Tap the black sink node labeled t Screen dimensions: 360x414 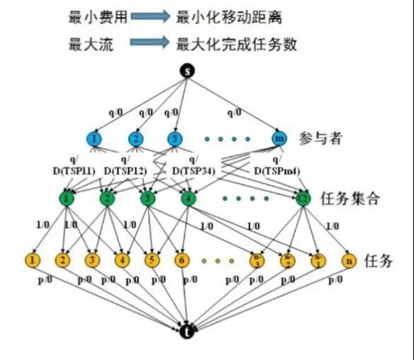coord(186,330)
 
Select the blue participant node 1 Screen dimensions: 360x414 coord(94,138)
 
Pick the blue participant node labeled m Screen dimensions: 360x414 coord(279,138)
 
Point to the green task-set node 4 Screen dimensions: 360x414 coord(187,199)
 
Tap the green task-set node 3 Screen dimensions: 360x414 coord(147,199)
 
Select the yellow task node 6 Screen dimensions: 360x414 coord(181,260)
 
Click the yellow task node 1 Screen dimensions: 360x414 coord(33,260)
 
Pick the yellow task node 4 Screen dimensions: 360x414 coord(123,260)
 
